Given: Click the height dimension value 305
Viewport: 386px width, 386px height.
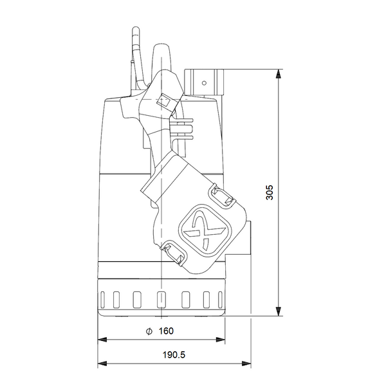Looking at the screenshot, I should click(x=270, y=192).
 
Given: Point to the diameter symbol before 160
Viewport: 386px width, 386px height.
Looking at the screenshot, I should click(x=149, y=331).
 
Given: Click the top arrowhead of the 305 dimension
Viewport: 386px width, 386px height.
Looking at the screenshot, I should click(x=280, y=73).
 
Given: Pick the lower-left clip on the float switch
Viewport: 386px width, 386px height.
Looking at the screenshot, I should click(x=172, y=252).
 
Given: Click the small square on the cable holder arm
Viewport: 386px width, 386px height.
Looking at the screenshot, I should click(x=163, y=101).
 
